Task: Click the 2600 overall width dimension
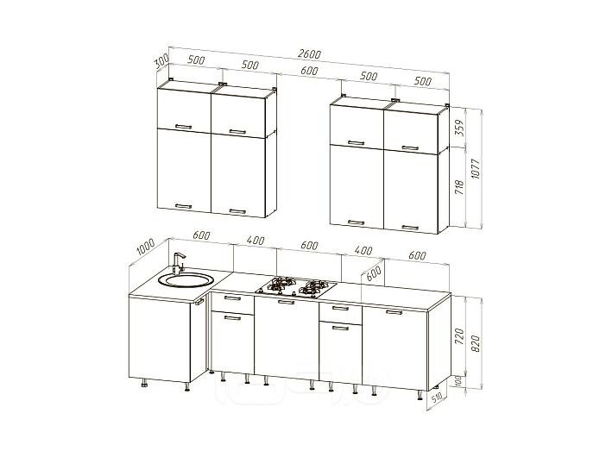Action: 309,54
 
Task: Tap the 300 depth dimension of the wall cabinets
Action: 162,61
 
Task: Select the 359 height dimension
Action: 459,127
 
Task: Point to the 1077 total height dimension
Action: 476,168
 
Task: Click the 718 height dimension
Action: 459,186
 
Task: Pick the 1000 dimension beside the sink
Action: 146,247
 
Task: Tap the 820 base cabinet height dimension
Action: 476,343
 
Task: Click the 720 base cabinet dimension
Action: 459,336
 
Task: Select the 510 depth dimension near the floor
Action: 437,398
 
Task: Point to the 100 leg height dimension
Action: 459,380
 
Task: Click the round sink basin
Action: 186,279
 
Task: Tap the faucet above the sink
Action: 178,263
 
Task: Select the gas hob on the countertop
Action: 295,288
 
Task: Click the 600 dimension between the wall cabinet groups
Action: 309,71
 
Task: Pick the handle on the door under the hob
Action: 286,302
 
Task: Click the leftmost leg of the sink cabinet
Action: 144,383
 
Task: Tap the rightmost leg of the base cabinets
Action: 420,395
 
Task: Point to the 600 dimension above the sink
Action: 201,235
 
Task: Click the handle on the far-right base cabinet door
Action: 394,312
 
